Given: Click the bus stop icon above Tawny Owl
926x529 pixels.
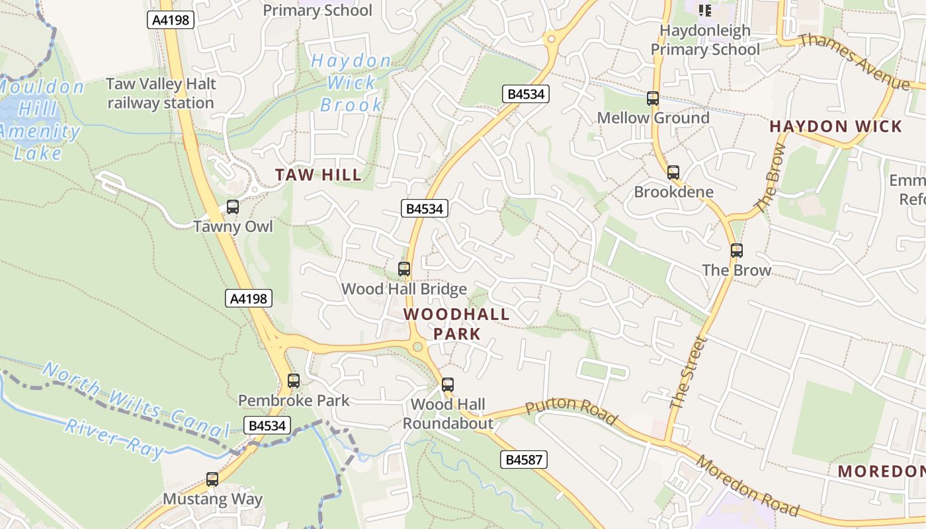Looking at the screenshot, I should click(233, 207).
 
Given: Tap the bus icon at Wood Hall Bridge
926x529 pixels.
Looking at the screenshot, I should click(404, 269).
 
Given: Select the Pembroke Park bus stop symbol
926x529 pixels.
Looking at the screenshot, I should click(294, 381).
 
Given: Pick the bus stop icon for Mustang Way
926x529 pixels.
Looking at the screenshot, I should click(212, 479).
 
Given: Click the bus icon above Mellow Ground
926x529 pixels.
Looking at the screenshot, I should click(653, 99).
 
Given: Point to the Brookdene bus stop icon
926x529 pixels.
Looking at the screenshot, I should click(673, 173).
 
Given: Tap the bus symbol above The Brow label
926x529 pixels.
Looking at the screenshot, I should click(737, 251).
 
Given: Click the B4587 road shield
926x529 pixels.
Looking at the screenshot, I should click(523, 460).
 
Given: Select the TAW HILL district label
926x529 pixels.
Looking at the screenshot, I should click(319, 175).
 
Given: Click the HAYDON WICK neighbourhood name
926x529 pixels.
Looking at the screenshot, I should click(836, 126).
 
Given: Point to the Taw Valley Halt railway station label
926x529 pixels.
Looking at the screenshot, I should click(161, 93).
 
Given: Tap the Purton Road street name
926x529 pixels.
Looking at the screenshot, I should click(572, 411).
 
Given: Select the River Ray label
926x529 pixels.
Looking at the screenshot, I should click(114, 437).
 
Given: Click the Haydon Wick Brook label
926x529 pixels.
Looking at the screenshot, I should click(351, 83).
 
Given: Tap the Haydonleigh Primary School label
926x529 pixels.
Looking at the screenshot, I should click(705, 40).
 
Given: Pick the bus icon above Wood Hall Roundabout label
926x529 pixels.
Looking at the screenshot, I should click(448, 385).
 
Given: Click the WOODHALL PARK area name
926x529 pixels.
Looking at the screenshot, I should click(457, 324).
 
